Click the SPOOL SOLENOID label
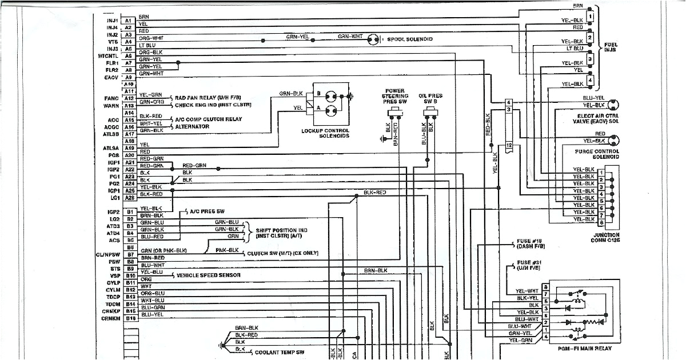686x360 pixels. click(x=410, y=39)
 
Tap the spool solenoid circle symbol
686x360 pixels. click(x=373, y=39)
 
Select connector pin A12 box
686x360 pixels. click(x=129, y=98)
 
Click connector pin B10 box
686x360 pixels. click(x=130, y=275)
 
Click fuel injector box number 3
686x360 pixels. click(x=589, y=59)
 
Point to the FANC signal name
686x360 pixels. click(x=111, y=98)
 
